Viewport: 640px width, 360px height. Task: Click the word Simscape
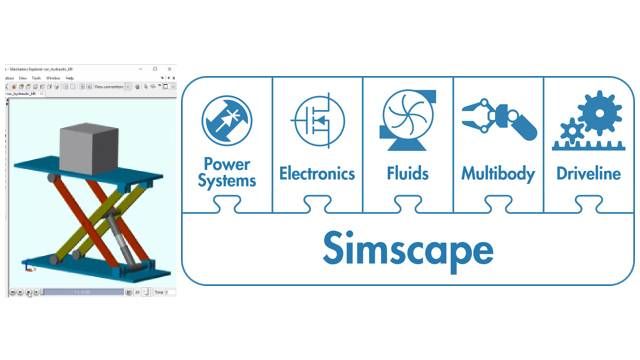pyautogui.click(x=408, y=247)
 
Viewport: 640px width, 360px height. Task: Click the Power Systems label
pyautogui.click(x=229, y=172)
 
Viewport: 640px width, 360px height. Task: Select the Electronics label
pyautogui.click(x=317, y=173)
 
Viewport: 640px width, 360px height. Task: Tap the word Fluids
pyautogui.click(x=406, y=173)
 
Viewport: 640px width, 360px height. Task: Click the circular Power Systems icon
pyautogui.click(x=228, y=120)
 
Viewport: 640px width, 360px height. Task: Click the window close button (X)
pyautogui.click(x=169, y=68)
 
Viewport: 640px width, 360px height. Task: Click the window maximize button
pyautogui.click(x=155, y=68)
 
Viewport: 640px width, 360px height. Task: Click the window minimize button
pyautogui.click(x=141, y=68)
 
